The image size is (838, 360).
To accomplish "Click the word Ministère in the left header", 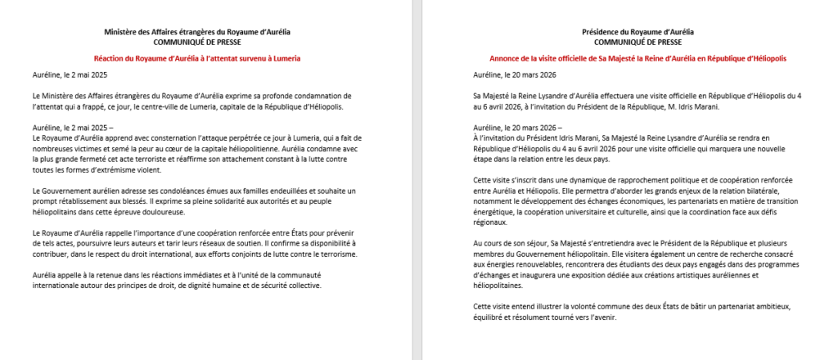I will (x=120, y=32).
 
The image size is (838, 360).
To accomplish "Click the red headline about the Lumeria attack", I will (x=197, y=58).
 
